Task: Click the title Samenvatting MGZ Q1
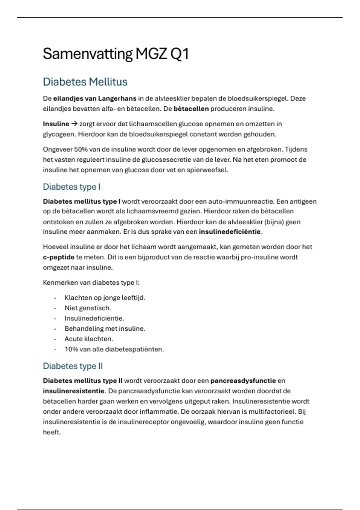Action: point(116,54)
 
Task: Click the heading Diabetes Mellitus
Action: point(85,82)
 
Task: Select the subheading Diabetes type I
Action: point(71,187)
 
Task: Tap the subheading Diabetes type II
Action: point(73,366)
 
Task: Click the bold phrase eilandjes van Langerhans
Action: point(95,98)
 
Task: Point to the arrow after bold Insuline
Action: point(74,124)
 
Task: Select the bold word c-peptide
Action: point(58,257)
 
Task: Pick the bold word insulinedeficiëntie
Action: point(230,232)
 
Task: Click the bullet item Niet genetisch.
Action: point(88,308)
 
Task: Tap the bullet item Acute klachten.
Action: point(89,339)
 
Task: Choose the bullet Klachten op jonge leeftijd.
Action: point(105,298)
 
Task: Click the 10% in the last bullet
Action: point(71,349)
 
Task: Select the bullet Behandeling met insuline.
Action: point(105,329)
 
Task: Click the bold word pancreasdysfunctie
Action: point(243,381)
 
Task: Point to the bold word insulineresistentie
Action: point(73,391)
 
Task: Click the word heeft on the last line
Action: point(52,432)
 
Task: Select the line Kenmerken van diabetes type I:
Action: point(91,283)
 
